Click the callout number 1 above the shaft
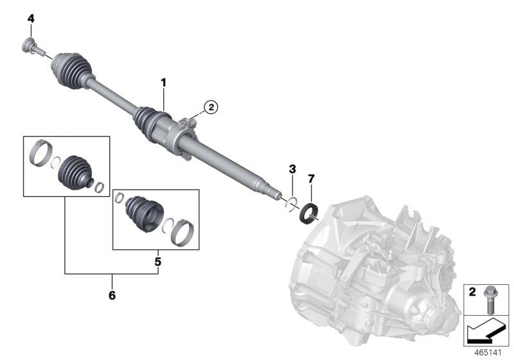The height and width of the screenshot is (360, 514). tap(163, 82)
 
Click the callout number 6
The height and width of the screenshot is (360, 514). tap(112, 296)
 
